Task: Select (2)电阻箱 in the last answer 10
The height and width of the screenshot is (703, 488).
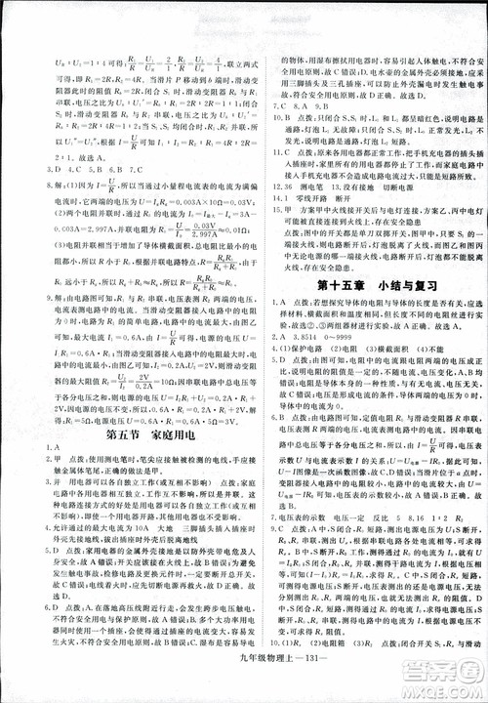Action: point(322,657)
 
